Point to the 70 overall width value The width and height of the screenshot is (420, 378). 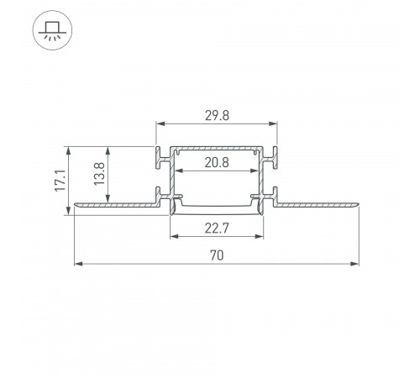216,255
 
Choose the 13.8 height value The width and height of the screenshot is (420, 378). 99,176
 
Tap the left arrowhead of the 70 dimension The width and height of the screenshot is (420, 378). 78,265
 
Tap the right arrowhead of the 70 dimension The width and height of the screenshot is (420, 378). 356,265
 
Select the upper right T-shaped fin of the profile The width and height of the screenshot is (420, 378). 273,157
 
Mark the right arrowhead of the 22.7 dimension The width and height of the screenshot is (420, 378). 258,235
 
